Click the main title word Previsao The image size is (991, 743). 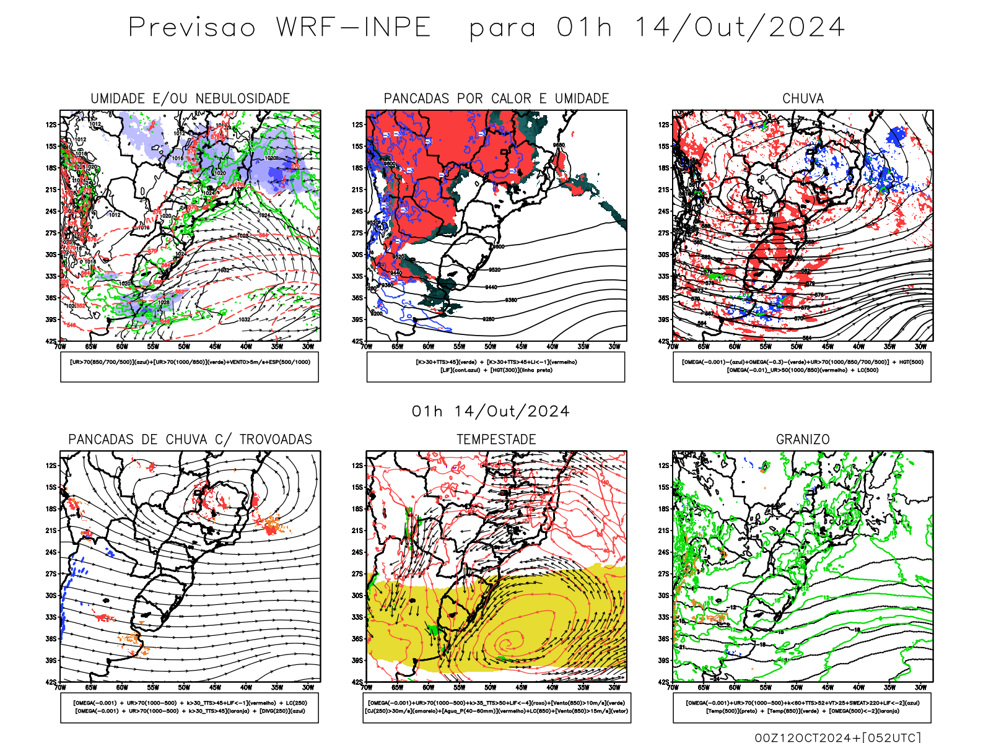pyautogui.click(x=192, y=28)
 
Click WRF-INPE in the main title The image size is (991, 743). pyautogui.click(x=354, y=28)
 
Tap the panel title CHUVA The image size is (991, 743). pyautogui.click(x=803, y=98)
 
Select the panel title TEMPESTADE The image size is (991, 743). pyautogui.click(x=496, y=440)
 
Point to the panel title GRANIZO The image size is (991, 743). pyautogui.click(x=803, y=440)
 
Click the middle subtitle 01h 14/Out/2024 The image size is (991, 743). pyautogui.click(x=491, y=412)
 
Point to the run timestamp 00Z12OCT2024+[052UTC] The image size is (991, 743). pyautogui.click(x=837, y=737)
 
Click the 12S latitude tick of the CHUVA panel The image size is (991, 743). pyautogui.click(x=664, y=124)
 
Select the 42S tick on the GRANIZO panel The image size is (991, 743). pyautogui.click(x=664, y=682)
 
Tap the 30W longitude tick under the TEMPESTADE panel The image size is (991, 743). pyautogui.click(x=614, y=687)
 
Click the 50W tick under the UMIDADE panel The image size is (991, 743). pyautogui.click(x=184, y=347)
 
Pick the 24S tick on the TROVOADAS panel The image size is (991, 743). pyautogui.click(x=51, y=552)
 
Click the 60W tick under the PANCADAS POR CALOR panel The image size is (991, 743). pyautogui.click(x=428, y=347)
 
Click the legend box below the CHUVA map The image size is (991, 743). pyautogui.click(x=802, y=367)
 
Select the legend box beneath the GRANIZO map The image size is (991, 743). pyautogui.click(x=802, y=707)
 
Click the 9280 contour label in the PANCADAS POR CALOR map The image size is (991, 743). pyautogui.click(x=489, y=319)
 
